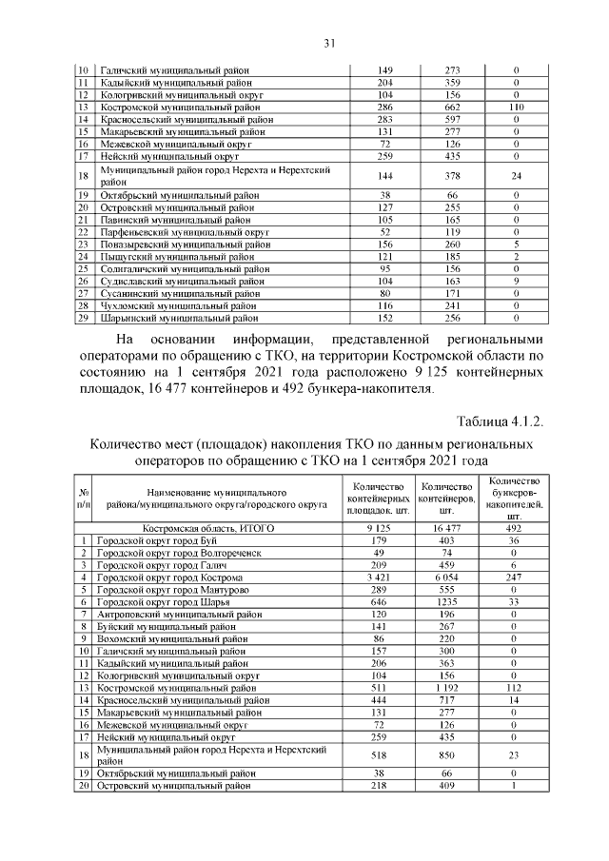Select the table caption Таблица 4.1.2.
[501, 421]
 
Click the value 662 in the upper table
[453, 109]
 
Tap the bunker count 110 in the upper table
[515, 109]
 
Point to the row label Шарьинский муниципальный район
[171, 319]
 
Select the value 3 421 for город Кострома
[373, 577]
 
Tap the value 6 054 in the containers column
[447, 577]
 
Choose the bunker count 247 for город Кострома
[515, 577]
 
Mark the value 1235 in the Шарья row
[447, 602]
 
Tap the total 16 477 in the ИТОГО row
[447, 527]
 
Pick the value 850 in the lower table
[447, 755]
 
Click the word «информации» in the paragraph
[269, 340]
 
